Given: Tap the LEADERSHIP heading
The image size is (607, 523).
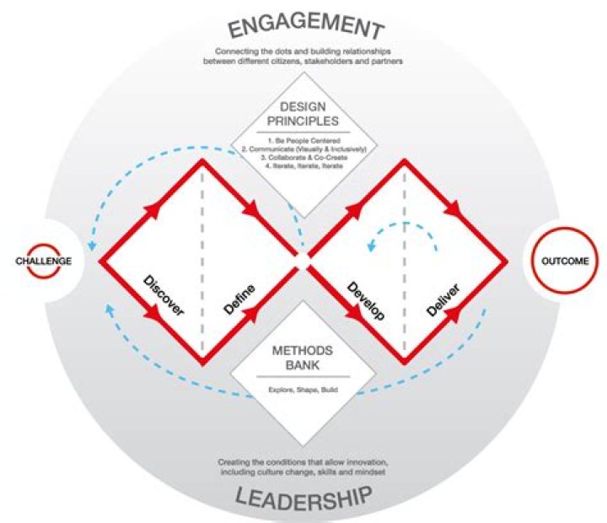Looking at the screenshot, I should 303,498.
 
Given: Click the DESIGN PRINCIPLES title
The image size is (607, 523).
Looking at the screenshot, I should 303,116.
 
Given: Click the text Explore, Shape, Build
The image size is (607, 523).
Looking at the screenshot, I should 303,391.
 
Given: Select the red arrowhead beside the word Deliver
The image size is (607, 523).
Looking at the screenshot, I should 455,315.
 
